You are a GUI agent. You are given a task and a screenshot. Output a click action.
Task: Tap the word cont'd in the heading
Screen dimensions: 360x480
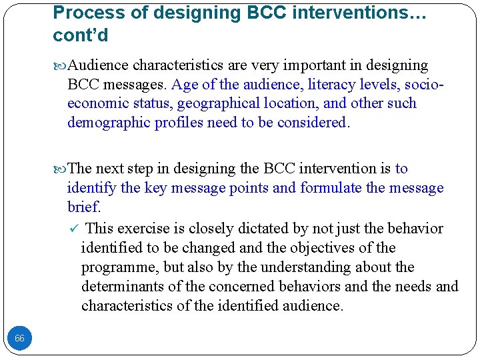click(81, 35)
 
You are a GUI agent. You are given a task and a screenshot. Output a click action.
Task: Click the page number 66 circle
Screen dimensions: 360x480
click(19, 339)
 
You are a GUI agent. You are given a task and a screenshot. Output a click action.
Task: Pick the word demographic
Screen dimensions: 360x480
click(109, 123)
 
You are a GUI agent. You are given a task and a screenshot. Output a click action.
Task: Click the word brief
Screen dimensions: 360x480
click(84, 207)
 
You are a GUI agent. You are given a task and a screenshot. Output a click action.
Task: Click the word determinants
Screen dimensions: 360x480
click(121, 287)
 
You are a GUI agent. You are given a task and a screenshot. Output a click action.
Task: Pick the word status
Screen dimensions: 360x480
click(149, 103)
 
